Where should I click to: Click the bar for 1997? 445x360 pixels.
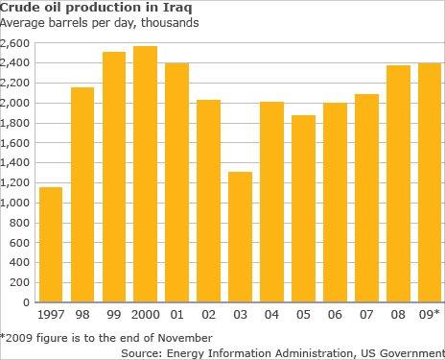click(51, 245)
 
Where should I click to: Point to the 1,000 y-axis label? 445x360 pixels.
click(16, 203)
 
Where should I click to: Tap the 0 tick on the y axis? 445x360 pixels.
click(28, 302)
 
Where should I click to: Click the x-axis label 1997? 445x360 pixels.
click(51, 315)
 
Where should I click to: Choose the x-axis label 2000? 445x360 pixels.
click(145, 315)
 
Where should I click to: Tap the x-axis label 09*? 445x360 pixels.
click(428, 315)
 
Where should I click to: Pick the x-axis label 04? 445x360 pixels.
click(271, 315)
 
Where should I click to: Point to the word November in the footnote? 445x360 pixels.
click(180, 337)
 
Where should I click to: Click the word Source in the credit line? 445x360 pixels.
click(142, 352)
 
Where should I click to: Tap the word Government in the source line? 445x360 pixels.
click(407, 352)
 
